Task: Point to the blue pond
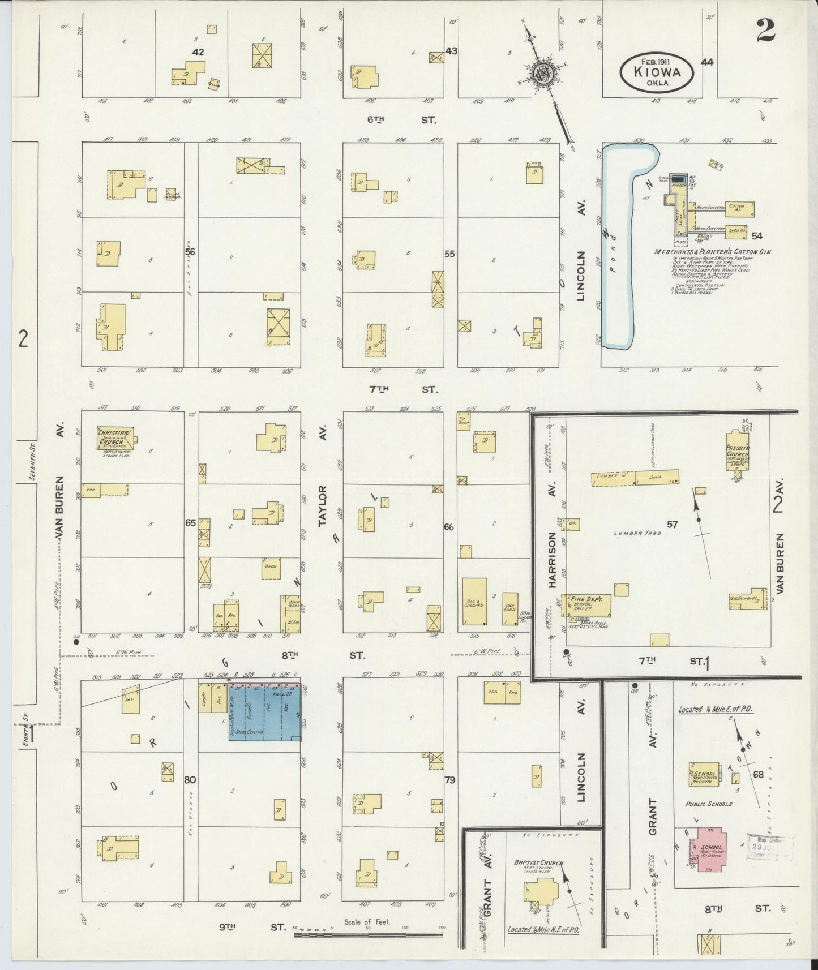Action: point(616,249)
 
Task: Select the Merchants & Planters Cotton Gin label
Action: point(713,252)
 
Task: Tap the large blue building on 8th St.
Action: point(265,712)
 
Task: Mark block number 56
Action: point(190,252)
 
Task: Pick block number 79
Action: point(450,780)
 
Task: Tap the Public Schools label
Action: point(709,804)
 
